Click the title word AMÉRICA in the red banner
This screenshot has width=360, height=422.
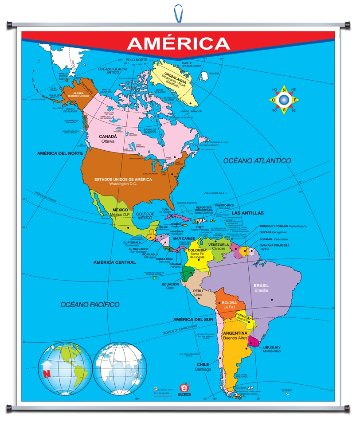click(x=178, y=43)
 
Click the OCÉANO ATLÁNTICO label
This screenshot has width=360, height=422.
click(x=257, y=160)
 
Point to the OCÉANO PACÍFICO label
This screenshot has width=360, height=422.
click(x=90, y=305)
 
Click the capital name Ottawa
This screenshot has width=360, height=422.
click(x=108, y=141)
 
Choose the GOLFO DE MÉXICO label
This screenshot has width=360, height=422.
click(x=145, y=216)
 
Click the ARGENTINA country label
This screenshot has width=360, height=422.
click(x=235, y=333)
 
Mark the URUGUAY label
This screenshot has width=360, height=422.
click(x=272, y=347)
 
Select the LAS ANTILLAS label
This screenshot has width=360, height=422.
click(x=247, y=213)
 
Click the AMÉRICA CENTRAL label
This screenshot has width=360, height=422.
click(x=114, y=262)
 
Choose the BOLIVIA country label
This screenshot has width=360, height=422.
click(x=229, y=302)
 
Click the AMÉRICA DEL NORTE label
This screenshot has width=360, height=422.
click(x=60, y=153)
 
